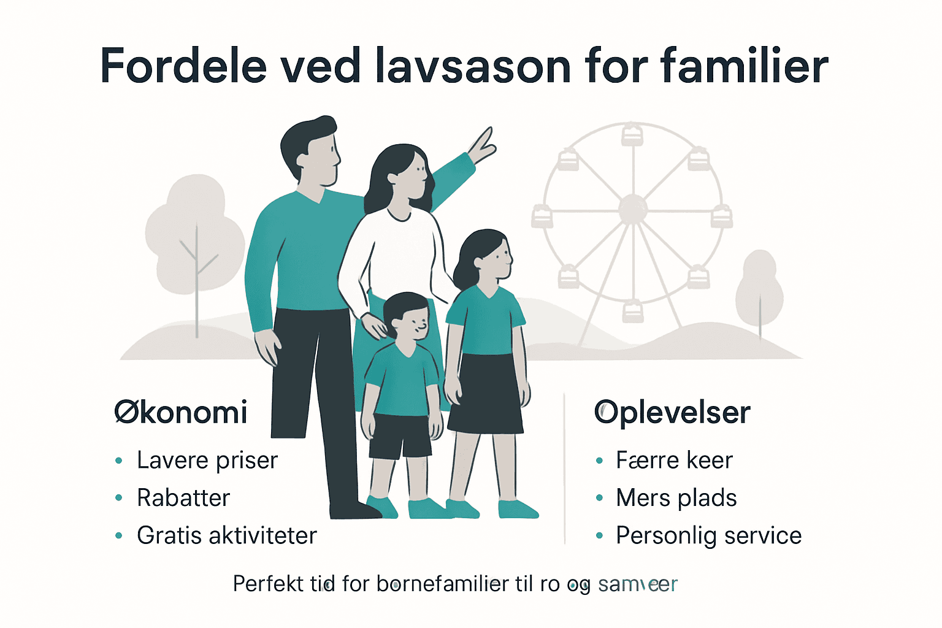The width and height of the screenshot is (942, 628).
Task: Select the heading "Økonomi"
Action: click(181, 412)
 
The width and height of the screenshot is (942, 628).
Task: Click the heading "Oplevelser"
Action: click(672, 412)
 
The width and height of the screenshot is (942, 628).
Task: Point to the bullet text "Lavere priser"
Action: click(207, 461)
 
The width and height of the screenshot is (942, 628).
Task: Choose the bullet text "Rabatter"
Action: click(183, 498)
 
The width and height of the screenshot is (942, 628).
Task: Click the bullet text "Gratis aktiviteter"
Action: click(227, 535)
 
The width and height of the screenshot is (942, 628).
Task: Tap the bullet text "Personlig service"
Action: click(708, 535)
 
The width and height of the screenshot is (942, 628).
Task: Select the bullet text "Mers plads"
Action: click(676, 498)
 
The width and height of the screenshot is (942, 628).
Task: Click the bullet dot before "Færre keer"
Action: click(599, 461)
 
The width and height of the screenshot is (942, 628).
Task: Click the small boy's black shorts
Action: click(400, 436)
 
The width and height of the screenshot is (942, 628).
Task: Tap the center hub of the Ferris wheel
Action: click(632, 209)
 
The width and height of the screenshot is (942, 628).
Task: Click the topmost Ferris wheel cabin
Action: click(632, 134)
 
